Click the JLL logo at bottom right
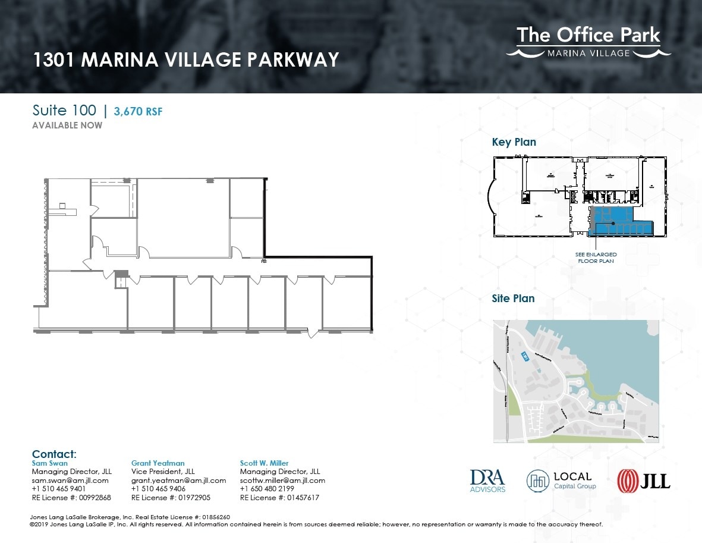(644, 480)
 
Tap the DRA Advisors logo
(487, 481)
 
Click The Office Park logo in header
(588, 42)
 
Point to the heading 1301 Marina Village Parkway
(186, 60)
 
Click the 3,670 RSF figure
(138, 111)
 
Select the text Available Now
(67, 125)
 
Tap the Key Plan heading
(514, 142)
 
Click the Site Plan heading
(513, 299)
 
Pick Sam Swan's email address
(70, 481)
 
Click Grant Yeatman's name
(158, 463)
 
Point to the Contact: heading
(54, 454)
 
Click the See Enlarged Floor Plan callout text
(596, 258)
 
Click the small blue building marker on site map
(524, 356)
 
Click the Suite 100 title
(64, 111)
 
